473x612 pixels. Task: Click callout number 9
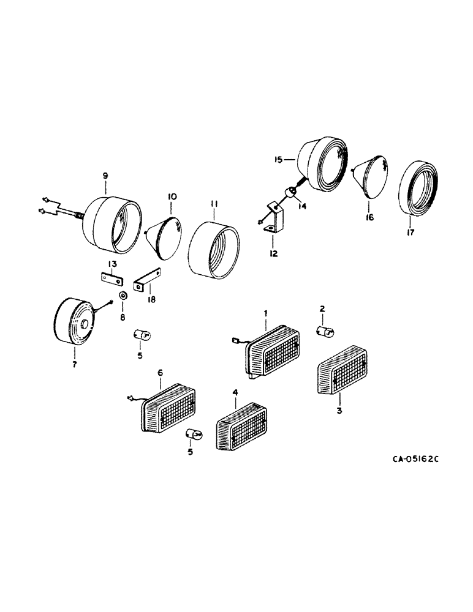point(105,176)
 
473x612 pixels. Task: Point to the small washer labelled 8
point(123,296)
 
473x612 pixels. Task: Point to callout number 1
point(266,313)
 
